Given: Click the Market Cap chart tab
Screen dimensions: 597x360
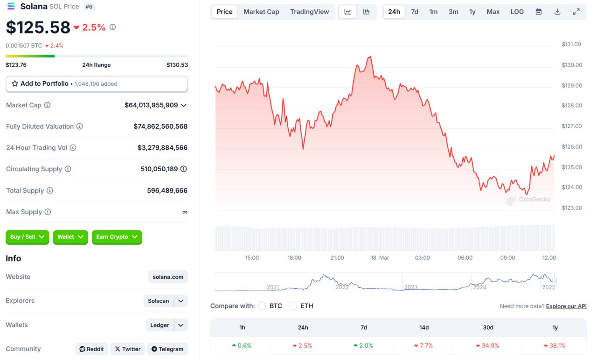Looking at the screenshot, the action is pos(261,12).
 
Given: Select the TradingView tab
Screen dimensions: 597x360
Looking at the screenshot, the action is pos(309,12).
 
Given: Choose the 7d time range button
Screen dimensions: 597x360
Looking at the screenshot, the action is pos(415,12).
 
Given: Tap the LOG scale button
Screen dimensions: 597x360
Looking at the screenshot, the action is pos(517,12).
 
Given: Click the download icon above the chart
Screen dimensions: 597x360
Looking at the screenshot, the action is pos(557,12).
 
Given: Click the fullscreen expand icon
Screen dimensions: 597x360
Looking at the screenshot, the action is pos(576,12).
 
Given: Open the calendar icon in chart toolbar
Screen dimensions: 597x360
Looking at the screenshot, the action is pos(539,12).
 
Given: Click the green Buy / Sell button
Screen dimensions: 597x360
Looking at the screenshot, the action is pos(28,237).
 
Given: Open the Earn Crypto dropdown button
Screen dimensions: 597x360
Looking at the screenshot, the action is pos(117,237).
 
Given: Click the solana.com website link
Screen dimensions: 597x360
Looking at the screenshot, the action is pos(168,277).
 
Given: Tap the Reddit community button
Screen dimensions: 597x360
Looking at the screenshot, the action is pos(91,349).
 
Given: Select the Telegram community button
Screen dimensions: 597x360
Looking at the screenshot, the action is pos(167,349).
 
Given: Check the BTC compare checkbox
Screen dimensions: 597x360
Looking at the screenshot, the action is pos(262,306).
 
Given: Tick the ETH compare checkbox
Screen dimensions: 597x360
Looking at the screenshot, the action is pos(293,306).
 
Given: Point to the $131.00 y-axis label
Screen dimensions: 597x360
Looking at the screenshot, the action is pos(571,44).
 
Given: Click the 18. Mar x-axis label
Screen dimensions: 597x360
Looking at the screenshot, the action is pos(380,258).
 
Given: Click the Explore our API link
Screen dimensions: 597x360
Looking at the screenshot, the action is pos(566,306).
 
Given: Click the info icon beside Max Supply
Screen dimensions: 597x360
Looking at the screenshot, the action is pos(48,212).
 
